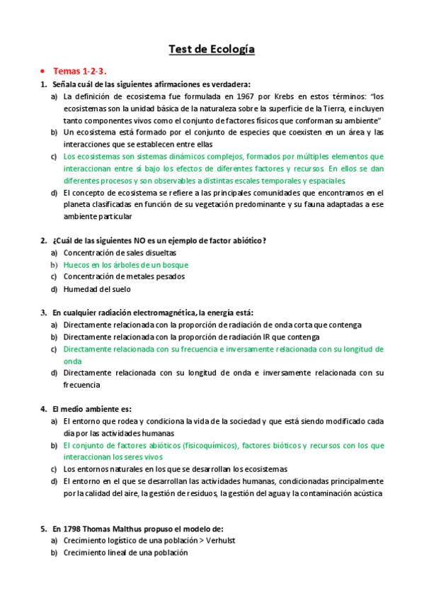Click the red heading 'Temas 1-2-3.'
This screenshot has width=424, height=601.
pos(79,72)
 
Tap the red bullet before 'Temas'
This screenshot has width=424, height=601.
pos(43,72)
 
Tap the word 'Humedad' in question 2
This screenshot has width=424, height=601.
pos(80,288)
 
